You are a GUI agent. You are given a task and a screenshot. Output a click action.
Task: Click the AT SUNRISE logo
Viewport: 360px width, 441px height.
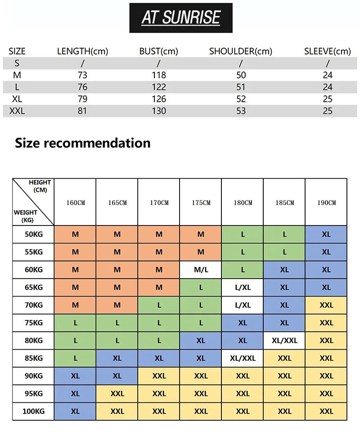pyautogui.click(x=181, y=18)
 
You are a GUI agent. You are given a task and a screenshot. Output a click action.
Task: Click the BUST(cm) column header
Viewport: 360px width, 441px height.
pyautogui.click(x=158, y=51)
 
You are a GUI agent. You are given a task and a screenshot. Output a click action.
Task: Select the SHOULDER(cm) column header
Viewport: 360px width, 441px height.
pyautogui.click(x=241, y=51)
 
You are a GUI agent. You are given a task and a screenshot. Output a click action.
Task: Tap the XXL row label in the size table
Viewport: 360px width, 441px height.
pyautogui.click(x=17, y=111)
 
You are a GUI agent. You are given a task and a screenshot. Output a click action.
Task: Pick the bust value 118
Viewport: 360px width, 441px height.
pyautogui.click(x=159, y=75)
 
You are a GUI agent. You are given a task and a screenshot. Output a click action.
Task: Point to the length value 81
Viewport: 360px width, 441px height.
pyautogui.click(x=82, y=111)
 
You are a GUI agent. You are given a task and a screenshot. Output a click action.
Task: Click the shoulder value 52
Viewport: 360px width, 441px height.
pyautogui.click(x=241, y=99)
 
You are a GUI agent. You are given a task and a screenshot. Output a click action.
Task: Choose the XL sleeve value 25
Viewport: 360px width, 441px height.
pyautogui.click(x=328, y=99)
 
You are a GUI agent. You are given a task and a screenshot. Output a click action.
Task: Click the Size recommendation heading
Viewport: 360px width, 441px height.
pyautogui.click(x=83, y=143)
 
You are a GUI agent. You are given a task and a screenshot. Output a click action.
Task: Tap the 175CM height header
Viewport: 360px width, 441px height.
pyautogui.click(x=201, y=203)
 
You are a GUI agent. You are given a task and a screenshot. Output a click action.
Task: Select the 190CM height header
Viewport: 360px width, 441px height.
pyautogui.click(x=326, y=203)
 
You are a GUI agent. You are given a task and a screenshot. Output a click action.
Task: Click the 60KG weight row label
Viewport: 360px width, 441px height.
pyautogui.click(x=34, y=270)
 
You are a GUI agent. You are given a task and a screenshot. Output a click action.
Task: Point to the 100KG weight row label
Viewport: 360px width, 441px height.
pyautogui.click(x=34, y=411)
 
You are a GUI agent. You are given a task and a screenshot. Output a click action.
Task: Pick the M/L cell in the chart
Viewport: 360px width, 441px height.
pyautogui.click(x=201, y=270)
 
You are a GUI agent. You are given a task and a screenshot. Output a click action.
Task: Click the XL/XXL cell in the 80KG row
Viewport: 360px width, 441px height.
pyautogui.click(x=284, y=341)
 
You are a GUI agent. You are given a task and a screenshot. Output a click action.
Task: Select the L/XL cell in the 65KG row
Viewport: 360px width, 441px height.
pyautogui.click(x=243, y=288)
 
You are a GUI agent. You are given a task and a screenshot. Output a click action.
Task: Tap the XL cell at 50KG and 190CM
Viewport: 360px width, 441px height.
pyautogui.click(x=326, y=234)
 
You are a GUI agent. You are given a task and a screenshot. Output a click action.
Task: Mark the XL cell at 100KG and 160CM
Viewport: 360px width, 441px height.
pyautogui.click(x=75, y=411)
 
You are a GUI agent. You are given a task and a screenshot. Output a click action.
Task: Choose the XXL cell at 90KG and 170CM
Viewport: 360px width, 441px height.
pyautogui.click(x=159, y=376)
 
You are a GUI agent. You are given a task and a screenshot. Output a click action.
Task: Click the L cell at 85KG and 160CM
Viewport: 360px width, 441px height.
pyautogui.click(x=75, y=358)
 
